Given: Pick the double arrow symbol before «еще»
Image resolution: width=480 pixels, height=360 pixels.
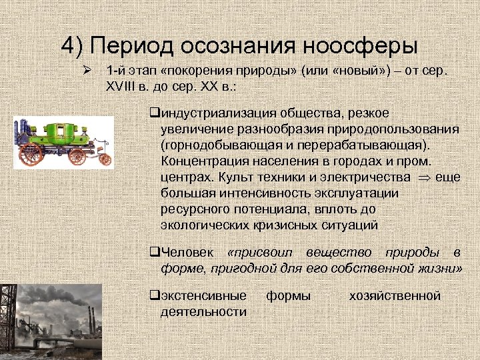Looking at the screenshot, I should point(422,178).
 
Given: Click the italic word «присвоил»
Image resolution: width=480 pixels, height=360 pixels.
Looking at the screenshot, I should point(263,253).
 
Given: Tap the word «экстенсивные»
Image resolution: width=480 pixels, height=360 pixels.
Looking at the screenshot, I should point(203,295).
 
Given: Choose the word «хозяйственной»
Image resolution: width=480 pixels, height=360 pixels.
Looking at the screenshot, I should point(395,295).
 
